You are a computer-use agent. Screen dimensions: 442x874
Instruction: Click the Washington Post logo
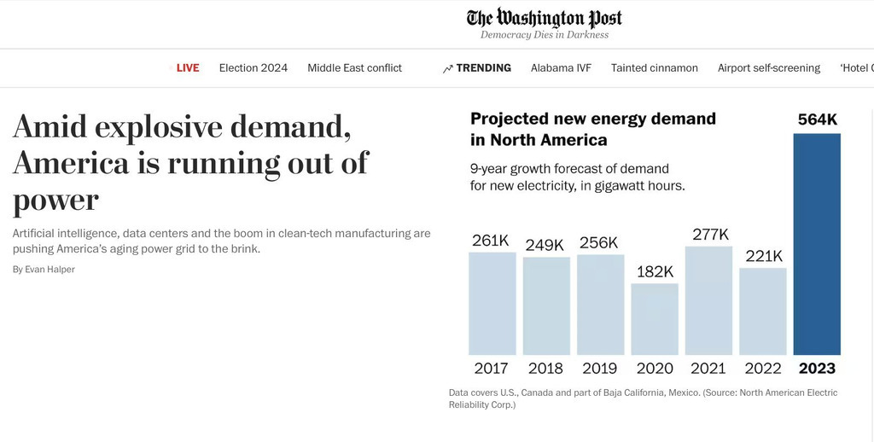tap(545, 18)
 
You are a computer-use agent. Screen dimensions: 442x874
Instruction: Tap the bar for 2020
tap(655, 319)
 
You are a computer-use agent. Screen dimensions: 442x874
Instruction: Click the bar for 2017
tap(492, 303)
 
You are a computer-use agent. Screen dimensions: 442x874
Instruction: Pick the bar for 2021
tap(708, 300)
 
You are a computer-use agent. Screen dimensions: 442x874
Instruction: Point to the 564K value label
tap(817, 120)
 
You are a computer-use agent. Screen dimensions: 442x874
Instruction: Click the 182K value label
tap(655, 271)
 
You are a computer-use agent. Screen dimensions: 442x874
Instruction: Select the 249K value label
tap(546, 245)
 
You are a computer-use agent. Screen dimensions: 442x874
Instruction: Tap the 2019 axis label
tap(600, 369)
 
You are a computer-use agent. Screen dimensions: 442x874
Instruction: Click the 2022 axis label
tap(763, 369)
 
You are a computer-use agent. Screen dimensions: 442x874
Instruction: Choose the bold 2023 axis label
tap(817, 369)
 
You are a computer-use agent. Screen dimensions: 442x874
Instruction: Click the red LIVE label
tap(188, 68)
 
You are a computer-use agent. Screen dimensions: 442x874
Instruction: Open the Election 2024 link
tap(253, 68)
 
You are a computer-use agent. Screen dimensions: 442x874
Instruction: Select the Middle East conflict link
tap(354, 68)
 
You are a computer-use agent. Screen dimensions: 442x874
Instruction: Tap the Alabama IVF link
tap(561, 68)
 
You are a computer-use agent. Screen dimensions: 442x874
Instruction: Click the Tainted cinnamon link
tap(655, 68)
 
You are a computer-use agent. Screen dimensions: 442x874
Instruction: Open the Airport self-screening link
tap(769, 68)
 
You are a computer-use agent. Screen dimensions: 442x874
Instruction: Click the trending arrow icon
tap(448, 69)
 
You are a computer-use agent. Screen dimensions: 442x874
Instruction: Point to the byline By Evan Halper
tap(44, 270)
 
